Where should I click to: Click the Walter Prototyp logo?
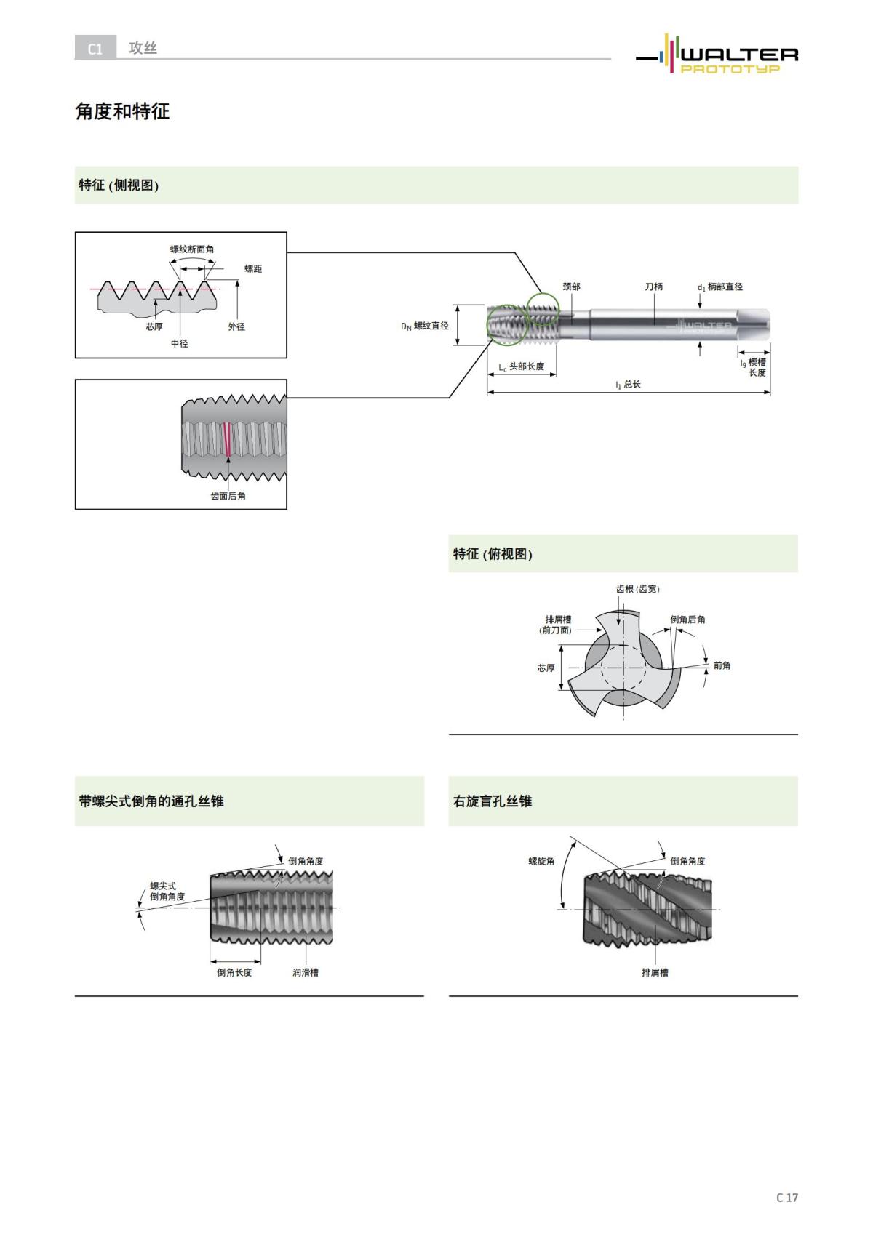[717, 55]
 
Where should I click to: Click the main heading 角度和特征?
[122, 111]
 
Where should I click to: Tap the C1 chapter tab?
[95, 49]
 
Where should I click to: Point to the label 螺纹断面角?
[192, 249]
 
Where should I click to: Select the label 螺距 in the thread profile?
[252, 269]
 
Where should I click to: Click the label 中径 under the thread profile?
[179, 343]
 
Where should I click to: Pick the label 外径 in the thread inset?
[236, 327]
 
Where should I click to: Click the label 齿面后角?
[228, 496]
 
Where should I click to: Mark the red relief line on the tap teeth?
[227, 439]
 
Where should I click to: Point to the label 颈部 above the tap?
[571, 287]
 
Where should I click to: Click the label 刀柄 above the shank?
[653, 287]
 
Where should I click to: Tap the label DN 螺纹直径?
[425, 326]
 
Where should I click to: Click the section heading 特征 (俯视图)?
[493, 554]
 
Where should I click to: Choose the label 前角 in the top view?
[722, 665]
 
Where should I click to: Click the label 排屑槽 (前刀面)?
[557, 625]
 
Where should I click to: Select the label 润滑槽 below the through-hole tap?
[305, 972]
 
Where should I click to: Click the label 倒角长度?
[234, 972]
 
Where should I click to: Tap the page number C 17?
[786, 1198]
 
